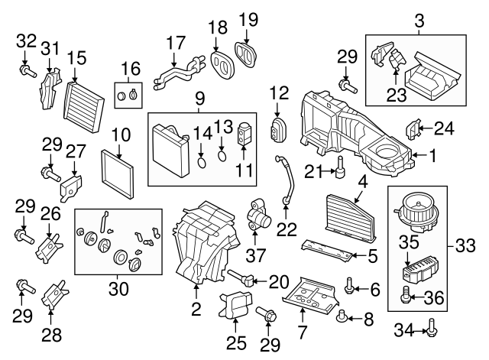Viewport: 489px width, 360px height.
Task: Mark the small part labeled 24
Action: pyautogui.click(x=412, y=129)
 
